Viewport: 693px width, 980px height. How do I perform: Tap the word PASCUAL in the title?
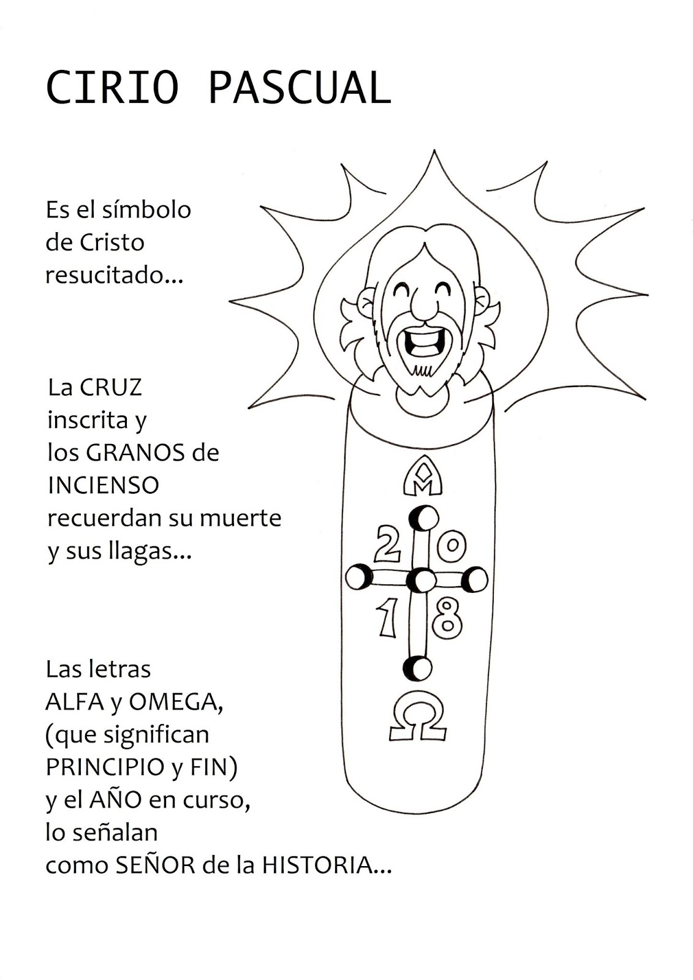coord(299,88)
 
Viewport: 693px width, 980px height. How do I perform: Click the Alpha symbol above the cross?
coord(423,476)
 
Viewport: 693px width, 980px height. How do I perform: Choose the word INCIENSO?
coord(104,486)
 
